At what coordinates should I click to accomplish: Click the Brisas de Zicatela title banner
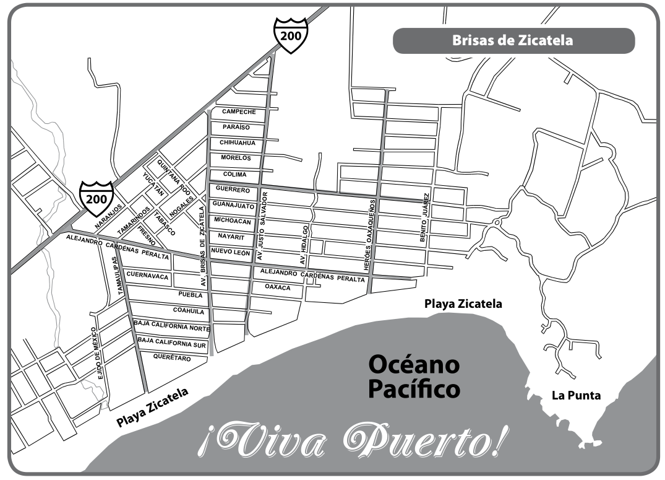pos(513,41)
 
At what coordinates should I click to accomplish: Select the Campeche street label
pos(234,111)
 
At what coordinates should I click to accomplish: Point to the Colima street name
pos(234,174)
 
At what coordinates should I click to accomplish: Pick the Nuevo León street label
pos(230,251)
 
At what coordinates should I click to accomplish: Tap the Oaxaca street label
pos(278,287)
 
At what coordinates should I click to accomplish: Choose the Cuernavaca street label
pos(147,277)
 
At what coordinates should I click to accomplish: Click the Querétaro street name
pos(171,357)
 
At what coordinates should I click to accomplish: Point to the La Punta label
pos(576,395)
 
